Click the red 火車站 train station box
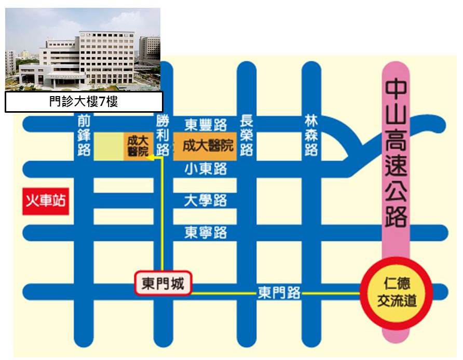[x=46, y=199]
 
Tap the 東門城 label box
[x=163, y=284]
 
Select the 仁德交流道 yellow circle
[x=397, y=294]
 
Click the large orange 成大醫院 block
[x=204, y=145]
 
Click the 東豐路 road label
[x=206, y=125]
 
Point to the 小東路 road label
[x=206, y=168]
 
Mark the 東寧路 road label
[x=206, y=232]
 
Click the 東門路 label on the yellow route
[x=279, y=293]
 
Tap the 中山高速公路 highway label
[x=396, y=154]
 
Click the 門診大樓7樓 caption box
[x=84, y=102]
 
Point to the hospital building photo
[x=83, y=48]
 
